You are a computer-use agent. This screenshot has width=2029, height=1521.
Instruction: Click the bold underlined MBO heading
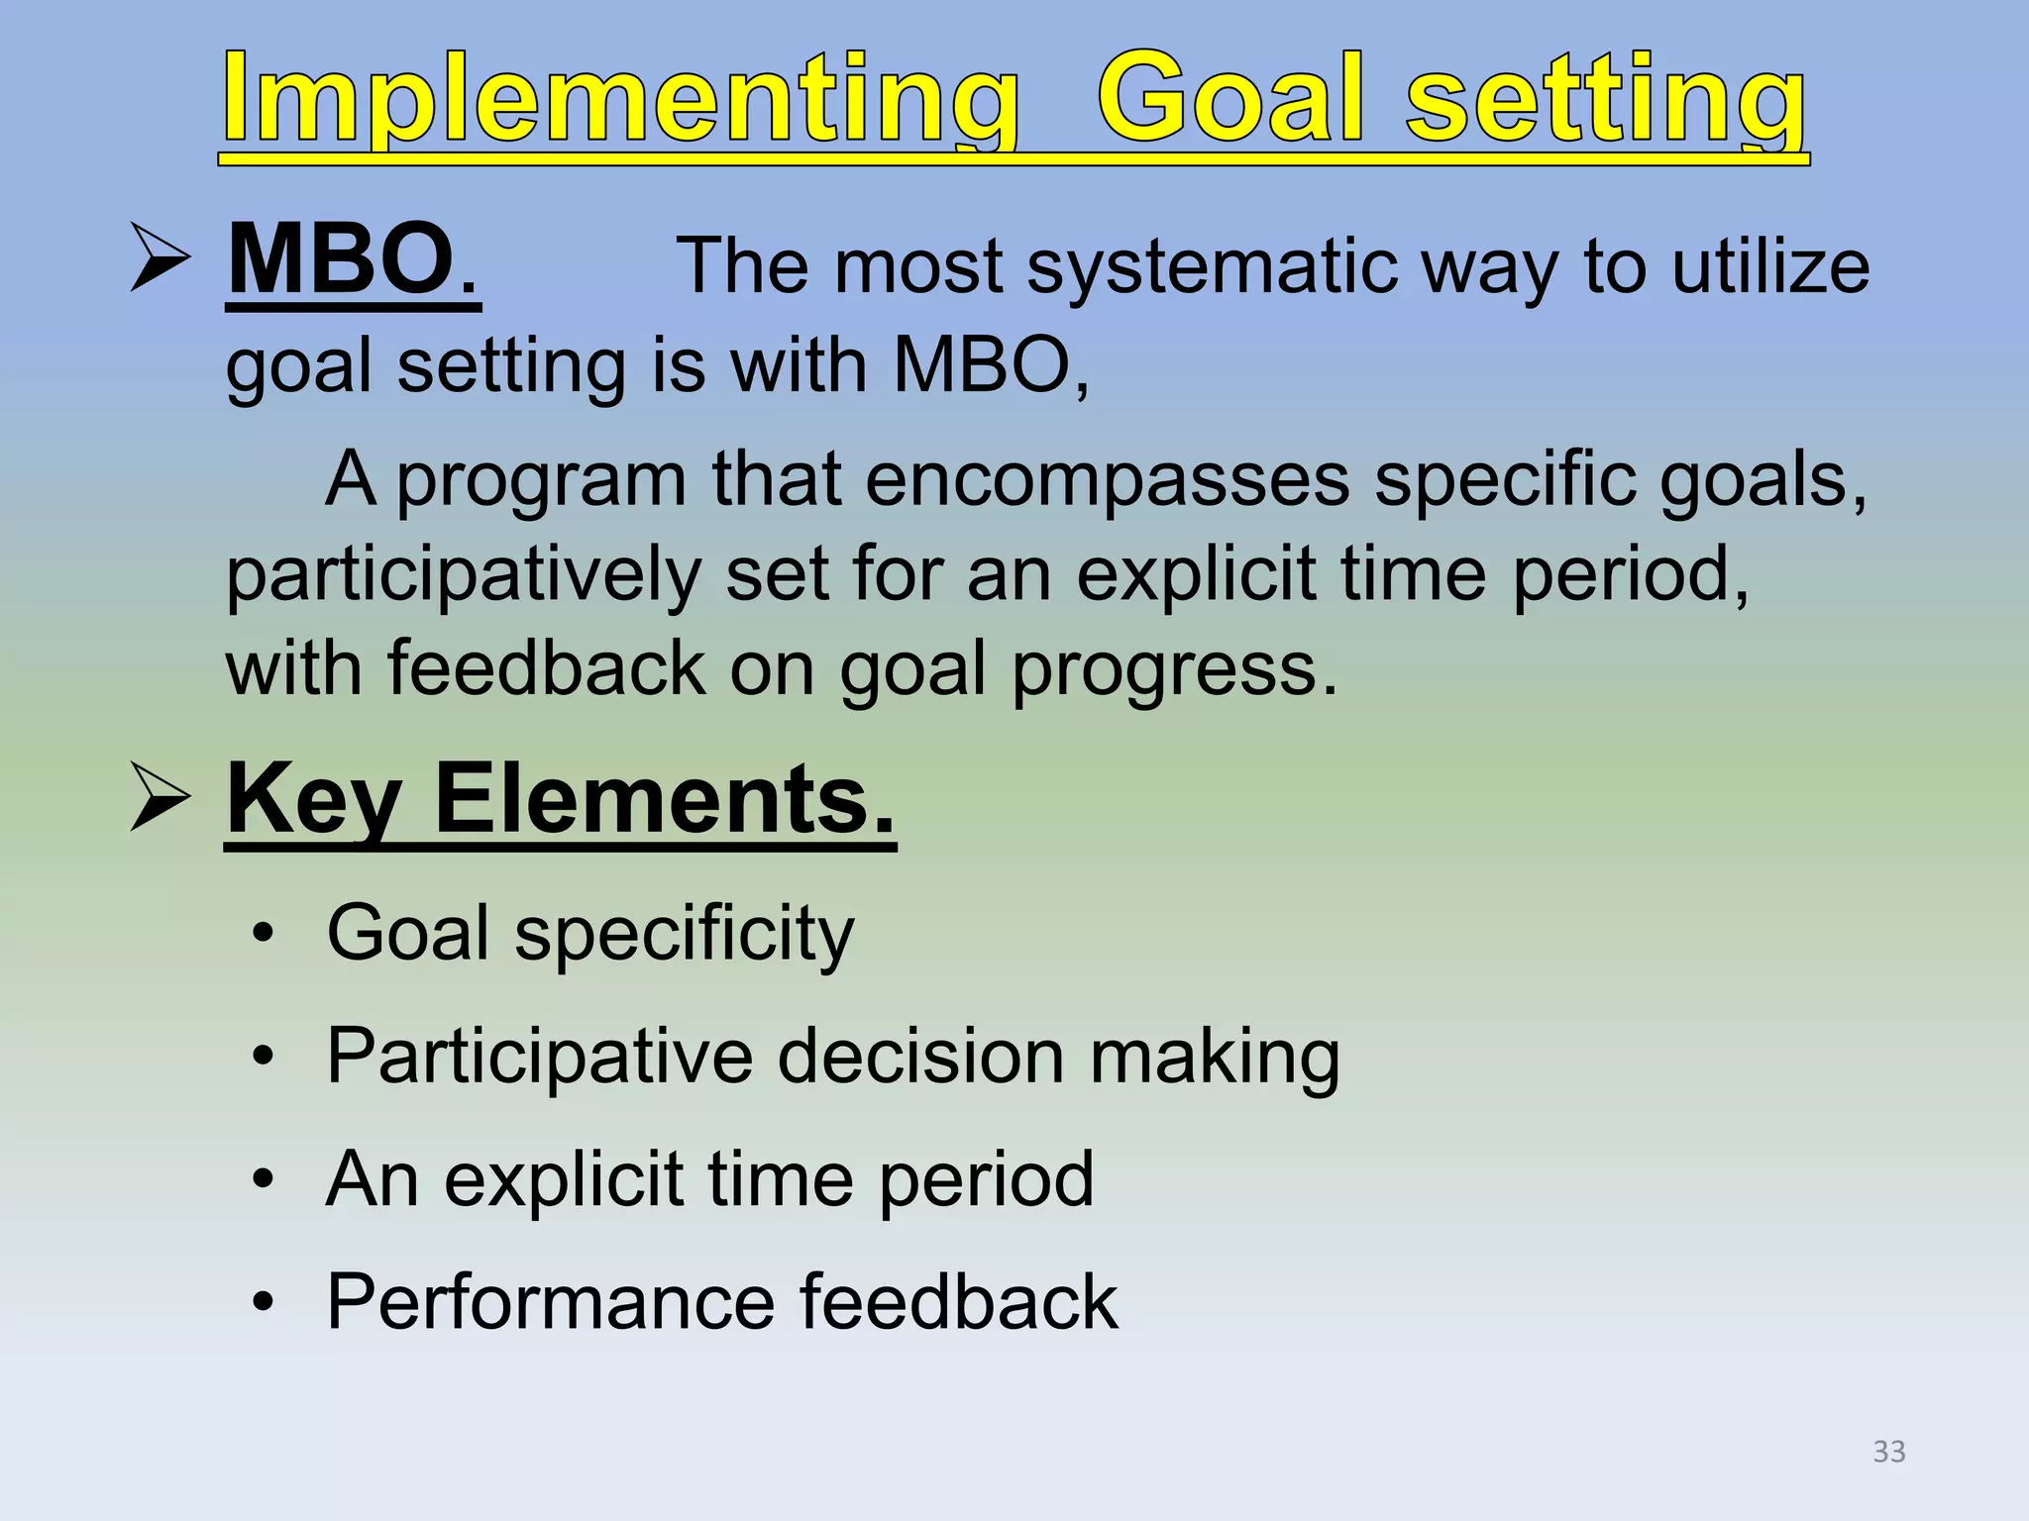click(x=353, y=260)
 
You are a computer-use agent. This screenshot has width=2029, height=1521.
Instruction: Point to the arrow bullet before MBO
click(x=160, y=258)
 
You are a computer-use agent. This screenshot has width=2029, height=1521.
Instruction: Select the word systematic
click(x=1211, y=267)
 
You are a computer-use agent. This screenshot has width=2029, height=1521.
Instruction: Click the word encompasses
click(x=1107, y=480)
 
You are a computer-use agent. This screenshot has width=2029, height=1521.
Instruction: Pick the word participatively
click(x=464, y=576)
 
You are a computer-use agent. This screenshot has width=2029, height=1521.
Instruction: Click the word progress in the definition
click(x=1173, y=671)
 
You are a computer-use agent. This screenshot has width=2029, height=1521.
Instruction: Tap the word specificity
click(x=684, y=935)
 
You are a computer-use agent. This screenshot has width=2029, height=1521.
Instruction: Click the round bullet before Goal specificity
click(x=263, y=934)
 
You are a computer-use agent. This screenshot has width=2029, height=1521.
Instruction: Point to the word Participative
click(x=540, y=1058)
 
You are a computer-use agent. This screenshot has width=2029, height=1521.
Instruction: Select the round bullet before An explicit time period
click(x=263, y=1179)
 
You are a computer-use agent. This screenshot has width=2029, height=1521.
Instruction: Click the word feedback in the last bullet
click(x=958, y=1302)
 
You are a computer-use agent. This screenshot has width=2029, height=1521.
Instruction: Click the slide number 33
click(x=1888, y=1452)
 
